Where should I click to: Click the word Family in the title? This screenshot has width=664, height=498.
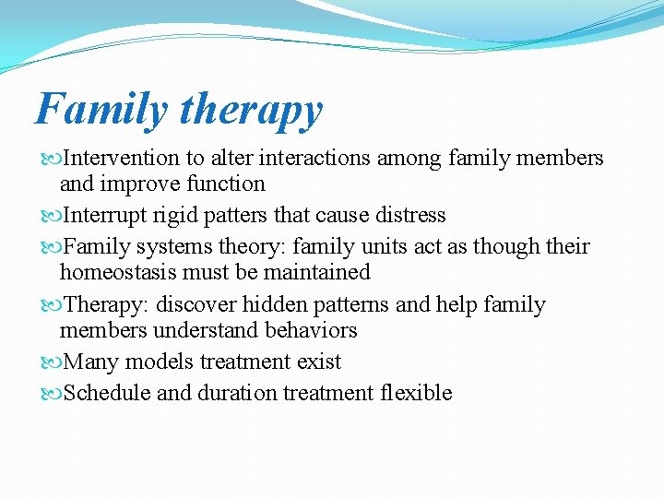101,109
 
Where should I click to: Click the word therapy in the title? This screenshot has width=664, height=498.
252,111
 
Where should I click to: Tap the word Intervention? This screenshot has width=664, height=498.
121,158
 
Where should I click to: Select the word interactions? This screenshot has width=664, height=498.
314,158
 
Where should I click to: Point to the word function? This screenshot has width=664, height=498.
226,183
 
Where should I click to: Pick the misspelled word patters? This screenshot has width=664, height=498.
235,215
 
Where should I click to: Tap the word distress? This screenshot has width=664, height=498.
410,214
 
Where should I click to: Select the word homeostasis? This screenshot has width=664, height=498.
118,271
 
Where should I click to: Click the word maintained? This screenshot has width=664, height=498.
316,271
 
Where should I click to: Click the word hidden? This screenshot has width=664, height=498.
275,304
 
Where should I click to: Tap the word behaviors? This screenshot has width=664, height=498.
311,330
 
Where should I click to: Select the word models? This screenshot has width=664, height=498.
160,362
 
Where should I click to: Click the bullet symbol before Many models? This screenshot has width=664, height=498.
52,363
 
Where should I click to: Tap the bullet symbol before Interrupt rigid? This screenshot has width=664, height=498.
52,217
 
